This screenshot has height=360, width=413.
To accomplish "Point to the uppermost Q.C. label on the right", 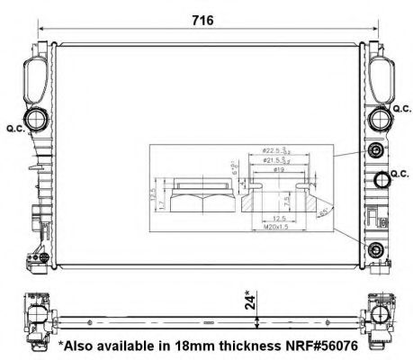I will pyautogui.click(x=400, y=109).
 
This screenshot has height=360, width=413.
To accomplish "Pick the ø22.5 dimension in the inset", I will pyautogui.click(x=272, y=150).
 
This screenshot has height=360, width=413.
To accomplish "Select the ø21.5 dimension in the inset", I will pyautogui.click(x=272, y=159).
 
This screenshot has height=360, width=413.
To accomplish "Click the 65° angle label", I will pyautogui.click(x=321, y=210).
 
